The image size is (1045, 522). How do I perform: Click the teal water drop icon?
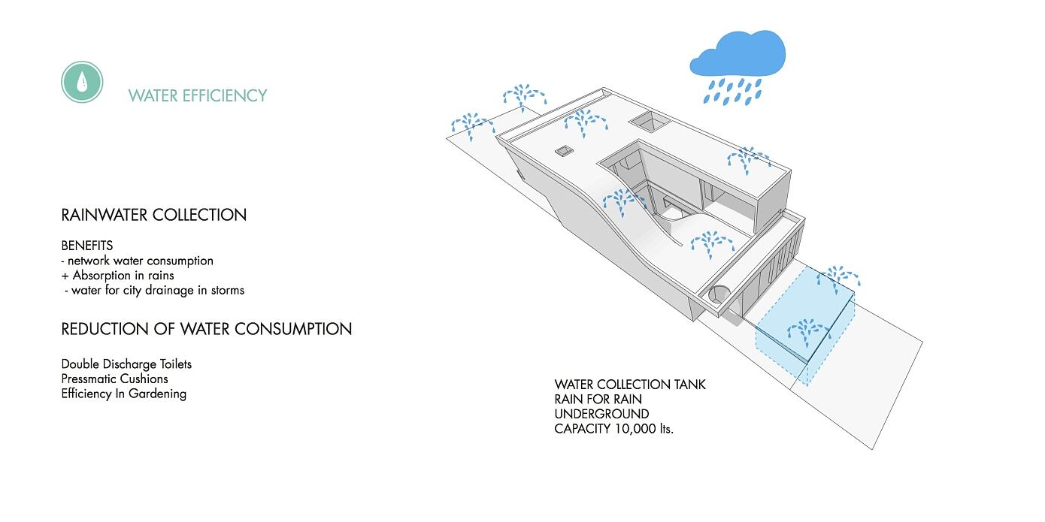click(x=82, y=81)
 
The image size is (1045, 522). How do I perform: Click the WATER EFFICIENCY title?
click(x=198, y=95)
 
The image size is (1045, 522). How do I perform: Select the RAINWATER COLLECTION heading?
click(x=154, y=215)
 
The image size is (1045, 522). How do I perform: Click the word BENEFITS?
click(x=87, y=246)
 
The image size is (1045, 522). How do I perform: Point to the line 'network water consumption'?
click(x=141, y=261)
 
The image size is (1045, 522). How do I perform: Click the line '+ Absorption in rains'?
click(x=118, y=275)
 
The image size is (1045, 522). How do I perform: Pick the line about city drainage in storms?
click(x=156, y=290)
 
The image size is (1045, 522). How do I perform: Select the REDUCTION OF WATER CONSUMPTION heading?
click(x=207, y=329)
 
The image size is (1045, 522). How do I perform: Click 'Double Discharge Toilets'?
click(x=126, y=364)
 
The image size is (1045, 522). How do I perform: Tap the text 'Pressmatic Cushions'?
click(x=115, y=379)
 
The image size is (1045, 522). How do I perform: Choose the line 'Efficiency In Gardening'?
click(x=124, y=394)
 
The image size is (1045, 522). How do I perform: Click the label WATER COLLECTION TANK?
click(x=630, y=385)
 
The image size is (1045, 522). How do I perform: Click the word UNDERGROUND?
click(x=601, y=414)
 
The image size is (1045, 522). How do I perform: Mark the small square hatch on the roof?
click(x=565, y=152)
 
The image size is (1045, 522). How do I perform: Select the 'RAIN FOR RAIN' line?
click(x=598, y=399)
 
